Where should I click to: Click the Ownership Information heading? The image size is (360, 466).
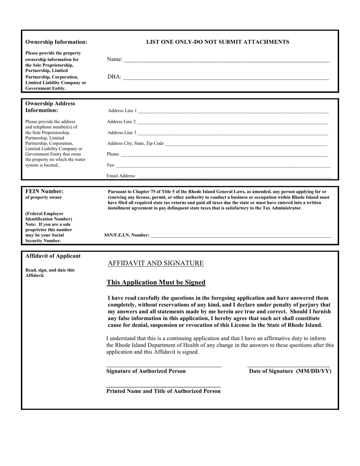tap(56, 42)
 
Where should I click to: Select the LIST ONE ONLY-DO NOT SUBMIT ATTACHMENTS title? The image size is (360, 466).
tap(218, 42)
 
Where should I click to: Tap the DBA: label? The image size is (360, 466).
tap(114, 77)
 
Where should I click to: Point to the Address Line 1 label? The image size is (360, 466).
tap(122, 111)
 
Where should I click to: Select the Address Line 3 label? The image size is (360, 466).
tap(122, 133)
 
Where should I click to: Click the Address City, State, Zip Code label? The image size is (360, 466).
tap(136, 144)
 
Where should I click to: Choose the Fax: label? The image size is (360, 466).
tap(111, 165)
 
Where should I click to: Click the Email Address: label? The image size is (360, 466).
tap(121, 176)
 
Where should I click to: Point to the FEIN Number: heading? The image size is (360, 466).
tap(44, 191)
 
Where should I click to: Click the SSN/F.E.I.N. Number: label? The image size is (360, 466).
tap(127, 235)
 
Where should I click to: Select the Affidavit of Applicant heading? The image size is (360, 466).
tap(53, 256)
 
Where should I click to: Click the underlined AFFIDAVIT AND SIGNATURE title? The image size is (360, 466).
tap(156, 263)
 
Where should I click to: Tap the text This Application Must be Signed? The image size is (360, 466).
tap(156, 283)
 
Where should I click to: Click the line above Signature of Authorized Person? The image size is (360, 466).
tap(164, 366)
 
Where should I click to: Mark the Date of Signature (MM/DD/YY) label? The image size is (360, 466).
tap(290, 371)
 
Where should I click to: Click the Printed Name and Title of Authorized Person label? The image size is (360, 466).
tap(163, 391)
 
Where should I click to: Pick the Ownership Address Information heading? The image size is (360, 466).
tap(50, 107)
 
